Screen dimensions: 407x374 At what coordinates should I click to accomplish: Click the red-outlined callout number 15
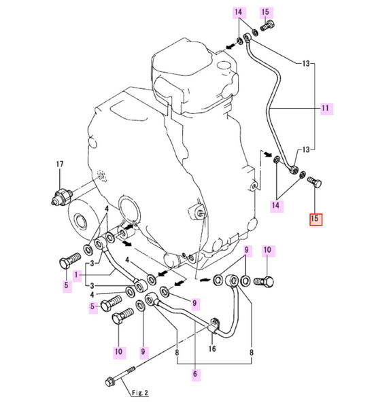coord(316,219)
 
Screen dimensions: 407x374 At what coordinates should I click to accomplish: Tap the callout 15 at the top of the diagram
coord(266,12)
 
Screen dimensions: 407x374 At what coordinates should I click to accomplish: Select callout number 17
coord(59,164)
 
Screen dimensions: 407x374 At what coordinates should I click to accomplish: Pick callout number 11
coord(324,108)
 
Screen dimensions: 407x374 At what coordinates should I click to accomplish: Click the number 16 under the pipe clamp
coord(212,349)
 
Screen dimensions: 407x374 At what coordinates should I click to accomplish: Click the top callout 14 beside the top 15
coord(238,12)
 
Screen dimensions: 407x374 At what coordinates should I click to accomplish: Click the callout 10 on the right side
coord(267,251)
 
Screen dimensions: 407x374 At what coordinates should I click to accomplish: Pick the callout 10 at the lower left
coord(119,351)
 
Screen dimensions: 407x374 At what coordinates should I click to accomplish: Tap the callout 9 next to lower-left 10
coord(143,351)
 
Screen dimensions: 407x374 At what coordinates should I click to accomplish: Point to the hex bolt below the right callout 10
coord(267,281)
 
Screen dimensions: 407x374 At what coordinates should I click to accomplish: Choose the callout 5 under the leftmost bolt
coord(67,285)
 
